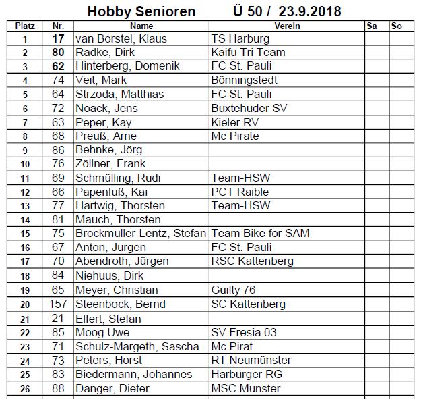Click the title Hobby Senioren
point(141,11)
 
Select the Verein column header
point(287,26)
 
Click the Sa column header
point(372,26)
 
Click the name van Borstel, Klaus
point(121,38)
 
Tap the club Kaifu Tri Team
point(248,53)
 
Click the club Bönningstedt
point(244,80)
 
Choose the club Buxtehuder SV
point(249,108)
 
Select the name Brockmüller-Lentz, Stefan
point(141,234)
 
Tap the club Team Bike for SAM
point(261,234)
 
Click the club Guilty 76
point(233,290)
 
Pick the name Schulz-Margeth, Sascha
point(137,346)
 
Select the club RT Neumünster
point(251,361)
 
